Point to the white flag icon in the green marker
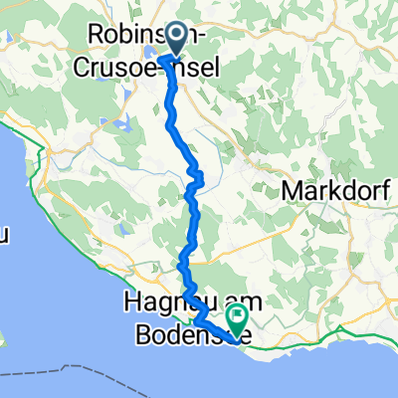tap(239, 316)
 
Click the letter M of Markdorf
tap(293, 189)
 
